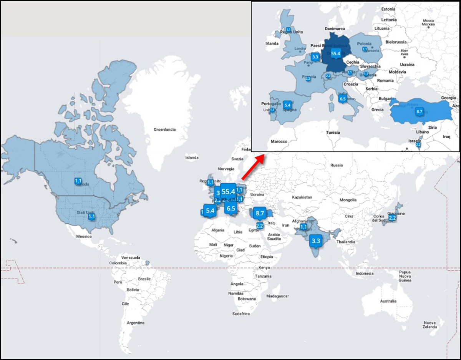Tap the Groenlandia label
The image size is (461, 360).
pos(164,129)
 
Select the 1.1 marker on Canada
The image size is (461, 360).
pos(78,181)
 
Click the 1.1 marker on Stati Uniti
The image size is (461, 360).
pos(91,217)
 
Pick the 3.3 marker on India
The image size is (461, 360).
pos(315,241)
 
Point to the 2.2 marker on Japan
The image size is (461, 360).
pos(392,218)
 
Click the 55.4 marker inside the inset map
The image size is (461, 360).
pos(336,54)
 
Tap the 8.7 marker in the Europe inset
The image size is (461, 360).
pos(420,111)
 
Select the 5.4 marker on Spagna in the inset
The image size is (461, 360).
pos(287,104)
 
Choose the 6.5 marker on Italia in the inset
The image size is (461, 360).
pos(342,99)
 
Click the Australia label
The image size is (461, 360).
pos(388,301)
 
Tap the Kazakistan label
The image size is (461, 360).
pos(302,197)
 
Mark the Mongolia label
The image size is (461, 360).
pos(348,200)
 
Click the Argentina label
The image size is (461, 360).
pos(136,322)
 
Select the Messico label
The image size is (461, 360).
pos(84,237)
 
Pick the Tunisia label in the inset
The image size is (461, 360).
pos(333,133)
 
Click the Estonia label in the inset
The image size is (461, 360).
pos(388,9)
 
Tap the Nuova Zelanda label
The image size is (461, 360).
pos(430,325)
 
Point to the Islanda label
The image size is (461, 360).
pos(192,158)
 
